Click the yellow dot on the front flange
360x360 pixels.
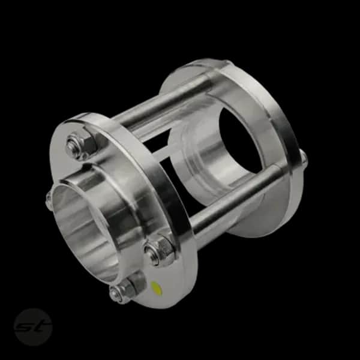[157, 288]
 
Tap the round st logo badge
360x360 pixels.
[33, 327]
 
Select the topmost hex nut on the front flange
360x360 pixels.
[81, 145]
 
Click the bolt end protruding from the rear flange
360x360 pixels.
[304, 159]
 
